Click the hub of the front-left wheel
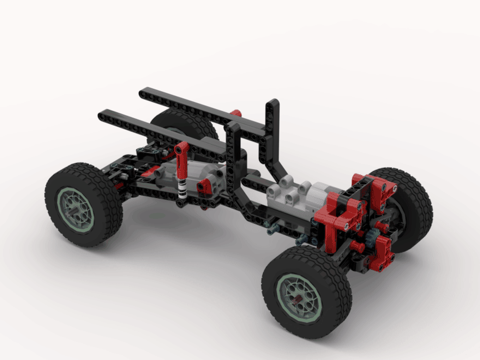74,210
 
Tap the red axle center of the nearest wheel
299,299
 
